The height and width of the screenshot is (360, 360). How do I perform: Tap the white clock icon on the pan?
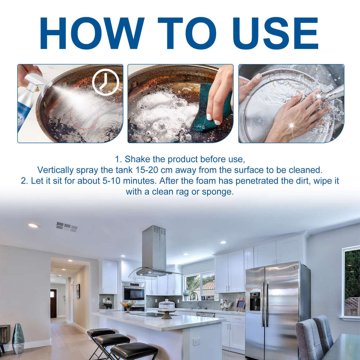[x=105, y=82]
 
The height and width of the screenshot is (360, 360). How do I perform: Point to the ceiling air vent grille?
[x=67, y=227]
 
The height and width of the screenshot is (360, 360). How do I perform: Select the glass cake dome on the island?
[x=166, y=305]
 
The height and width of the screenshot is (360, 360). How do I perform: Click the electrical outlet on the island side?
[x=197, y=341]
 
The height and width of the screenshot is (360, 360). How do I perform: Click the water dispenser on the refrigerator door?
[x=255, y=302]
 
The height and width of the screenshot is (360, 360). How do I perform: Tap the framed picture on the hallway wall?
[x=78, y=291]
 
